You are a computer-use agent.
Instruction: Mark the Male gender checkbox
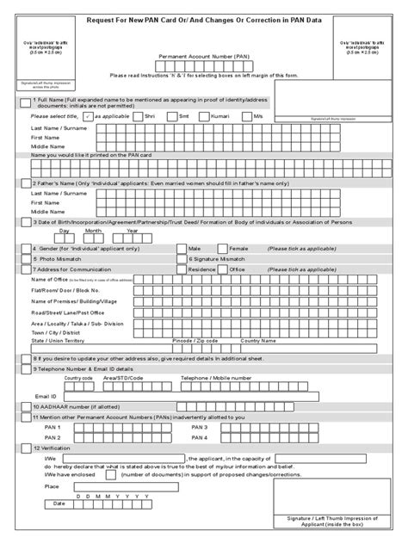[181, 248]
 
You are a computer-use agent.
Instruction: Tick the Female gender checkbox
[224, 248]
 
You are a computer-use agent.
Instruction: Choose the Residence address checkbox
[181, 269]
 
